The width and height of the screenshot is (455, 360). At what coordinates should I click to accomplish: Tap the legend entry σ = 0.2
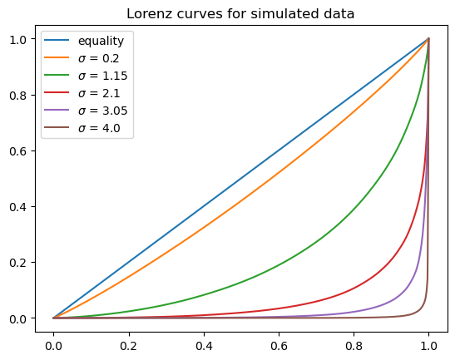click(x=98, y=59)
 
